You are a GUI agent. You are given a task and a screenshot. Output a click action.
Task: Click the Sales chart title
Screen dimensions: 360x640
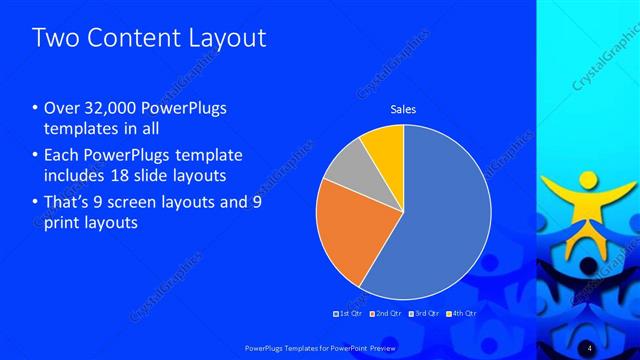[x=403, y=109]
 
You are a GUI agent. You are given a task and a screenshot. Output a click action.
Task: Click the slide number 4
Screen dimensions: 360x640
[x=591, y=346]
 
